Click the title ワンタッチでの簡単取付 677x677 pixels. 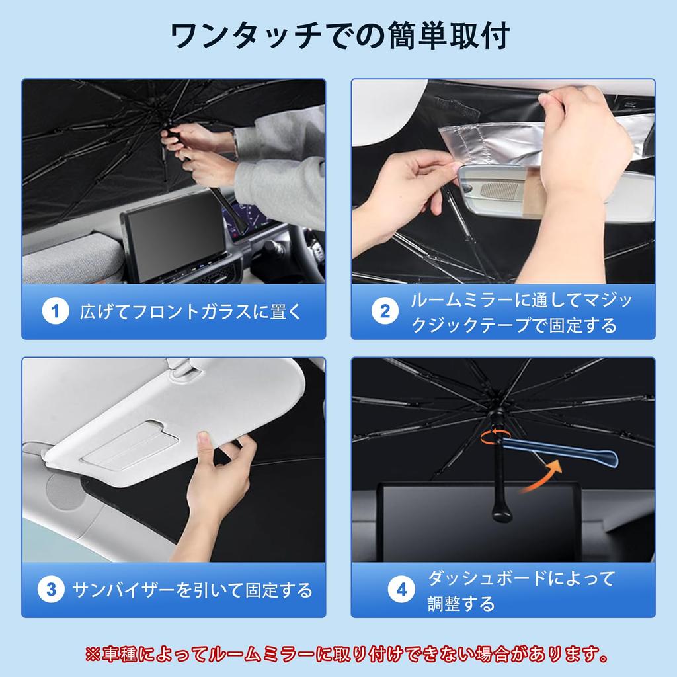coord(338,37)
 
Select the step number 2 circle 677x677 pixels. coord(385,311)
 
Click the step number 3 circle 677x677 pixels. coord(51,589)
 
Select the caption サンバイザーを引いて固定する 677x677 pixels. coord(192,589)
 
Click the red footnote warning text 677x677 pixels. coord(347,655)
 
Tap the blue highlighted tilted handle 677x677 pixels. coord(562,456)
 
